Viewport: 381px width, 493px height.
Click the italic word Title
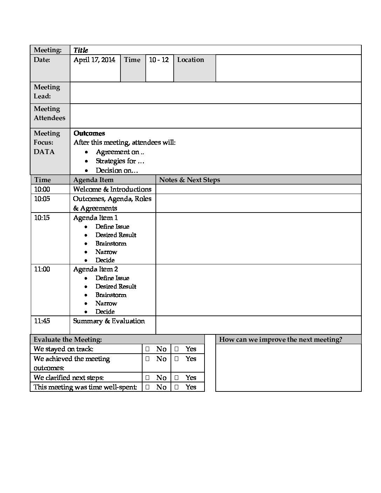pyautogui.click(x=81, y=50)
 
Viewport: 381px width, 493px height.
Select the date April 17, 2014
pyautogui.click(x=94, y=60)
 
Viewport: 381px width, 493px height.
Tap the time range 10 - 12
pyautogui.click(x=159, y=60)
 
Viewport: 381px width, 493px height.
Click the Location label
pyautogui.click(x=190, y=60)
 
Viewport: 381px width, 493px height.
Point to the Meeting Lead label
pyautogui.click(x=47, y=92)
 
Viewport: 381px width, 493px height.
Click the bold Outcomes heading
pyautogui.click(x=89, y=133)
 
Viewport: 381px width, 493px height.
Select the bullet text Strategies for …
pyautogui.click(x=120, y=161)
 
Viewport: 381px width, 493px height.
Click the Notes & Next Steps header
pyautogui.click(x=189, y=180)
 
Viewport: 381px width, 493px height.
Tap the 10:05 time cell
pyautogui.click(x=42, y=199)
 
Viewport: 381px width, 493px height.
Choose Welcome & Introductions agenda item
pyautogui.click(x=112, y=189)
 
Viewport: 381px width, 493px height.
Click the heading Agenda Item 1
pyautogui.click(x=95, y=218)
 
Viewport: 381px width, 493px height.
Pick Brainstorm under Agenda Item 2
pyautogui.click(x=111, y=295)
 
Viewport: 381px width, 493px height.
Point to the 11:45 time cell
pyautogui.click(x=42, y=321)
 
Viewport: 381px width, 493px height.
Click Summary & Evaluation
pyautogui.click(x=109, y=321)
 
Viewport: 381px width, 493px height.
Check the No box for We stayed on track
pyautogui.click(x=147, y=349)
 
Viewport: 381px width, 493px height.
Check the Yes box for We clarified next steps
pyautogui.click(x=176, y=377)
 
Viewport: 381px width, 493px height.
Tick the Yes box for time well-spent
pyautogui.click(x=176, y=387)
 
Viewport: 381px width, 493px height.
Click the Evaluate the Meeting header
pyautogui.click(x=68, y=340)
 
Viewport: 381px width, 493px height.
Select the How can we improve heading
pyautogui.click(x=280, y=340)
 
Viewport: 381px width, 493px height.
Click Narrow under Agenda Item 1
pyautogui.click(x=106, y=252)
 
